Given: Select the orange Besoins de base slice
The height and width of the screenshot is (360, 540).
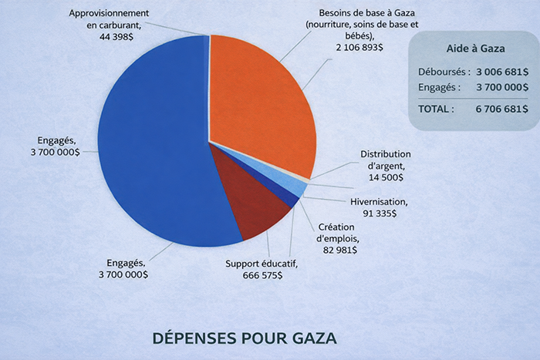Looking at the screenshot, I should [x=258, y=93].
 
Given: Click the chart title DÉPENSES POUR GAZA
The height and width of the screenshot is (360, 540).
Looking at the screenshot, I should [x=245, y=338].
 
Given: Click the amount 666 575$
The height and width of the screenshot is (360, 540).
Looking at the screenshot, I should [x=262, y=275].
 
